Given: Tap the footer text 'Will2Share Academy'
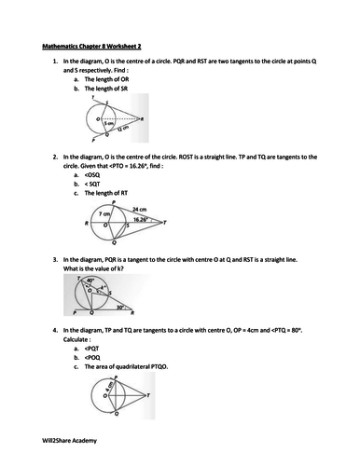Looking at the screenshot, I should pyautogui.click(x=70, y=440).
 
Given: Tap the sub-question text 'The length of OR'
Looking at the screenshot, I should pyautogui.click(x=109, y=80).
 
